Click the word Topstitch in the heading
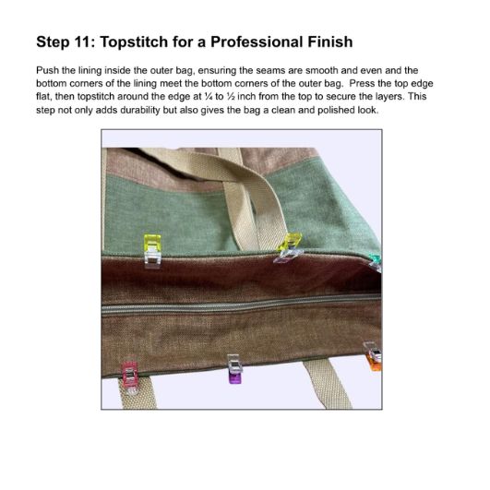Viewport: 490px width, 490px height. tap(134, 42)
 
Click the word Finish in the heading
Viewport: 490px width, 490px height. tap(330, 42)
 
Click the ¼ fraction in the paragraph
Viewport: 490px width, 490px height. tap(209, 97)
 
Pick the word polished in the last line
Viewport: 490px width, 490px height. tap(335, 110)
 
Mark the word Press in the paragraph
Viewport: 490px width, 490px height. tap(361, 83)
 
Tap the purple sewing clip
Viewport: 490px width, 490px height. tap(234, 369)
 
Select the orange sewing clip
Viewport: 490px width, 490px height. tap(374, 356)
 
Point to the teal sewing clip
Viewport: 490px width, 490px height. tap(376, 262)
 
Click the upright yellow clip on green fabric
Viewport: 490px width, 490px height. tap(152, 251)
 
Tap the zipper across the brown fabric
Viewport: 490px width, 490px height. tap(242, 305)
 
